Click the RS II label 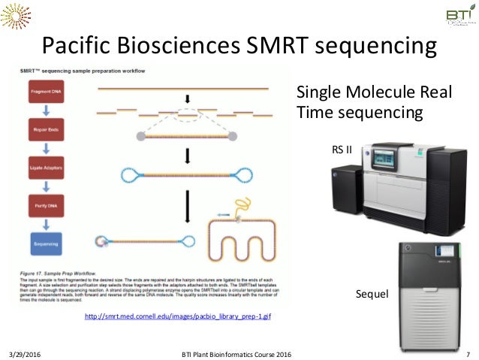(x=342, y=149)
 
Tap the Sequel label (x=372, y=294)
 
